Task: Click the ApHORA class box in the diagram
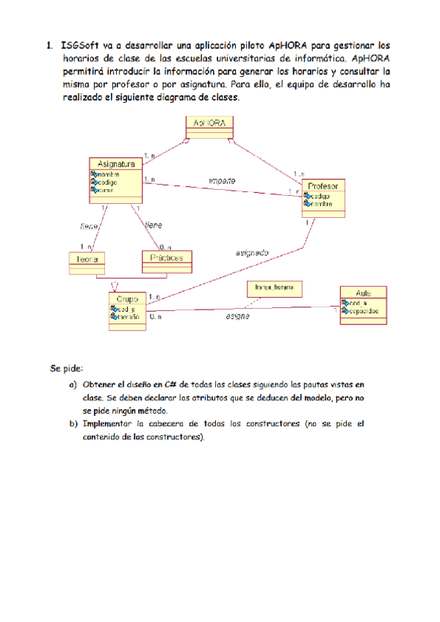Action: (x=209, y=125)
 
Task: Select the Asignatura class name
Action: (x=115, y=164)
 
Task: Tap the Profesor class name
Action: (x=323, y=186)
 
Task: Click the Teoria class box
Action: (x=86, y=259)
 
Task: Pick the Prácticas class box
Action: (x=167, y=258)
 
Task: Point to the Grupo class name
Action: (x=127, y=299)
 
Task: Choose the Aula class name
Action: (x=363, y=292)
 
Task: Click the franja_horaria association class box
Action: (x=273, y=288)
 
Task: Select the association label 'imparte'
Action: (x=222, y=180)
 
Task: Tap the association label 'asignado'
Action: (x=251, y=252)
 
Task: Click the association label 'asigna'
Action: (x=237, y=316)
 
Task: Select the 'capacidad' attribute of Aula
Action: (x=365, y=311)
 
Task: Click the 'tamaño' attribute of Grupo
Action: (x=129, y=318)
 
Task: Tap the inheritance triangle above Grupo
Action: (x=114, y=285)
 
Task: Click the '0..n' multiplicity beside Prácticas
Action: (x=165, y=247)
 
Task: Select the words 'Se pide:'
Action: (x=67, y=367)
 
